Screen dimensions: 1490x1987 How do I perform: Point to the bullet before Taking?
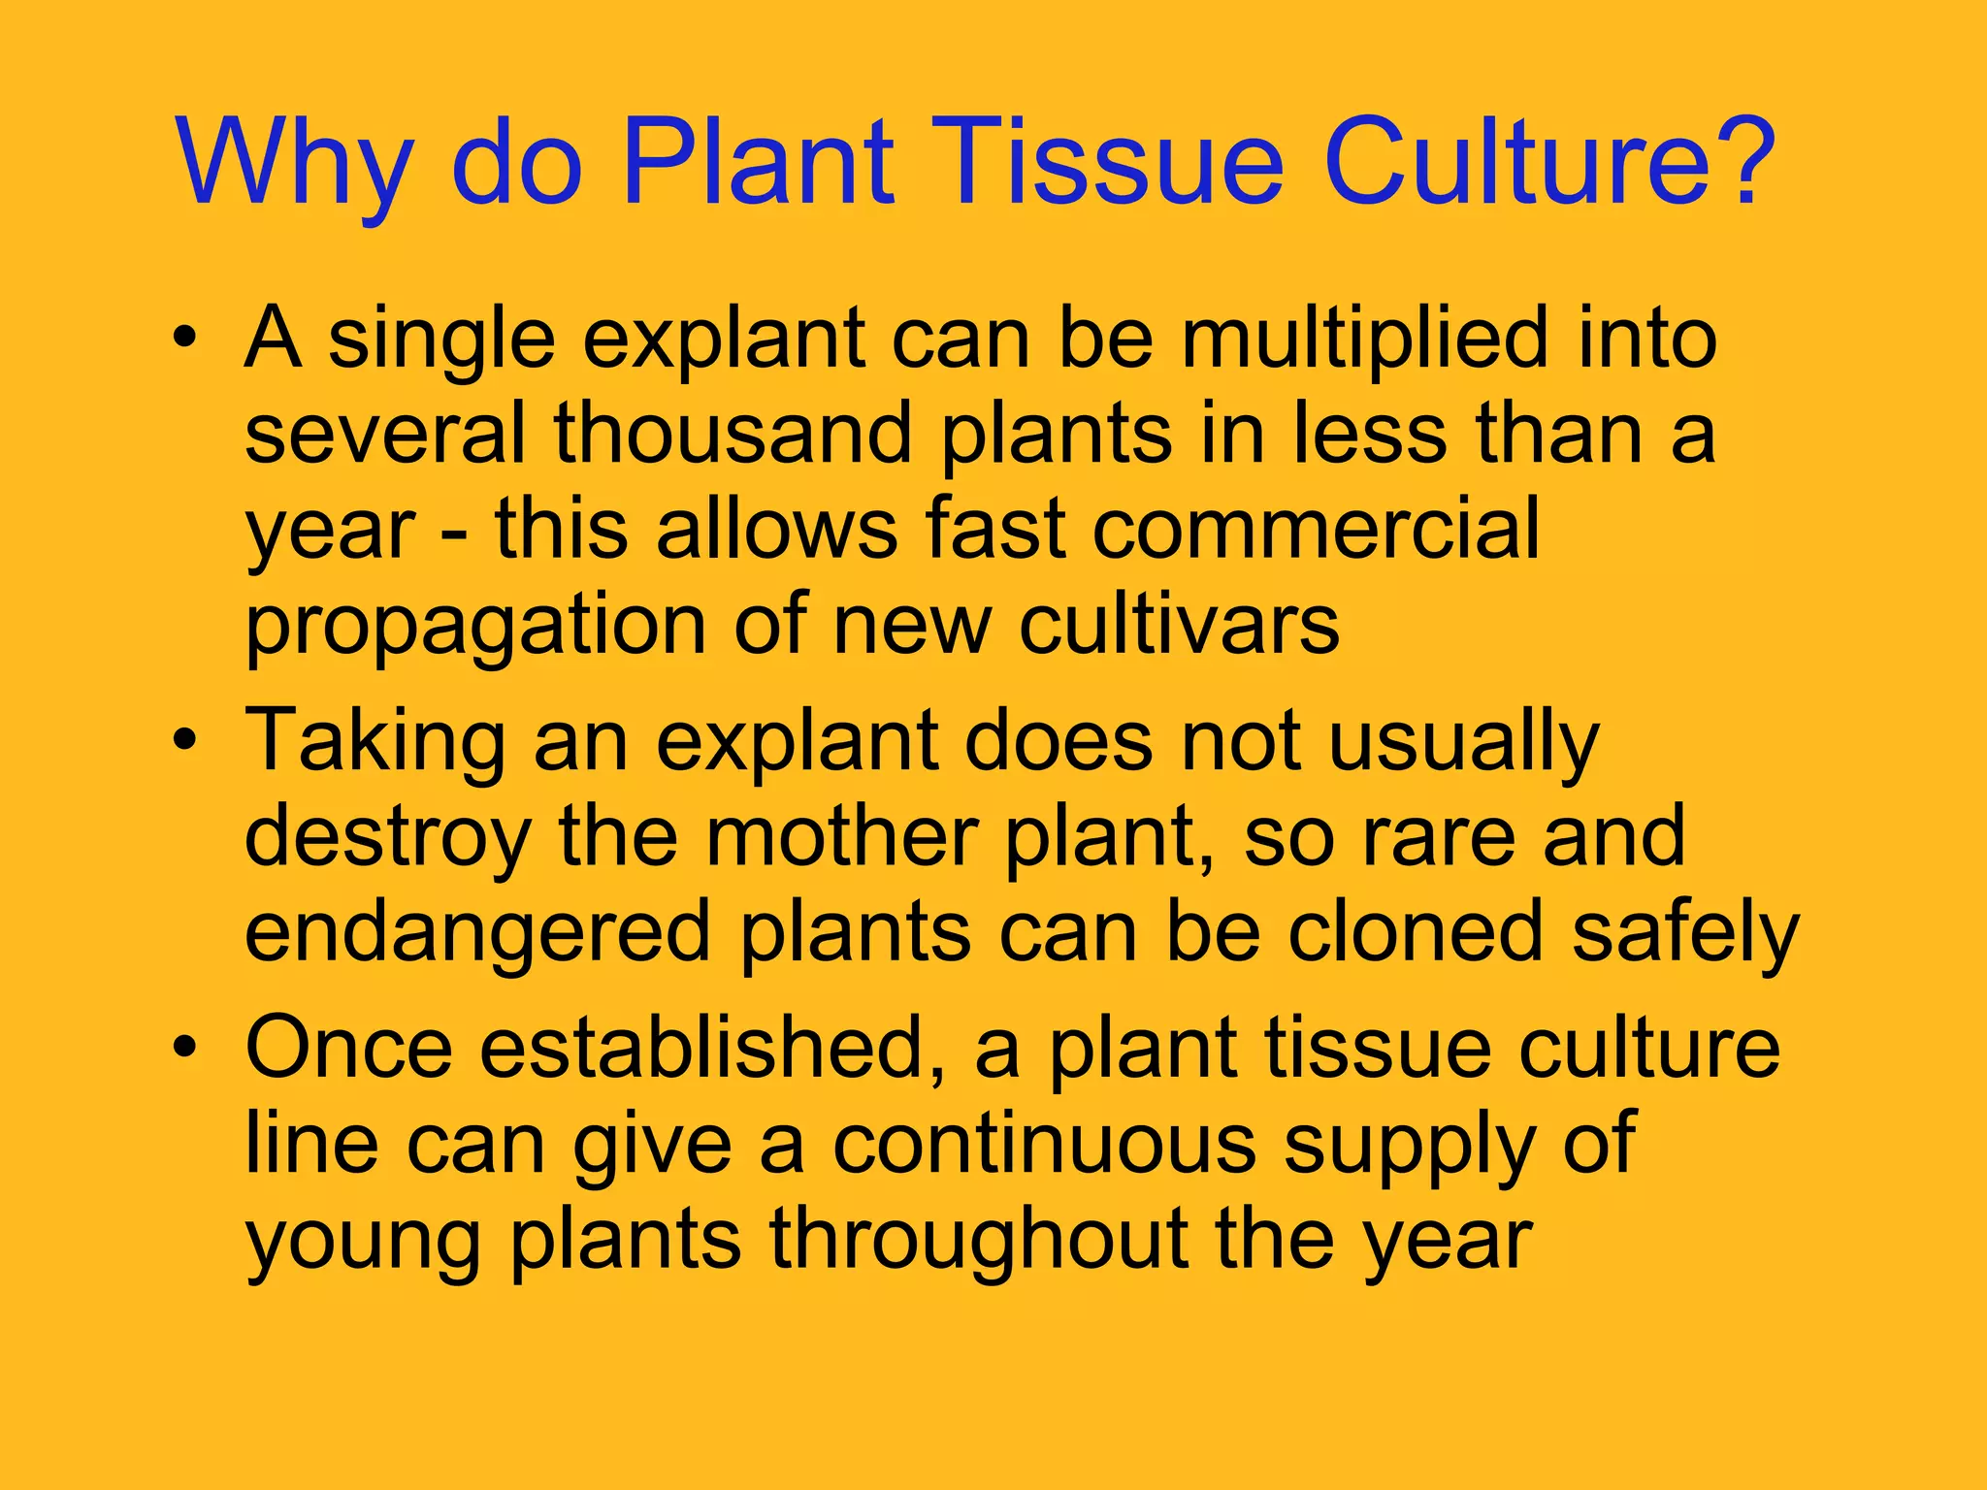click(x=185, y=741)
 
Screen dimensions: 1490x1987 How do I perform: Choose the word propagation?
click(x=474, y=629)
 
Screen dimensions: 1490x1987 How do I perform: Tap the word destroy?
click(x=387, y=840)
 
